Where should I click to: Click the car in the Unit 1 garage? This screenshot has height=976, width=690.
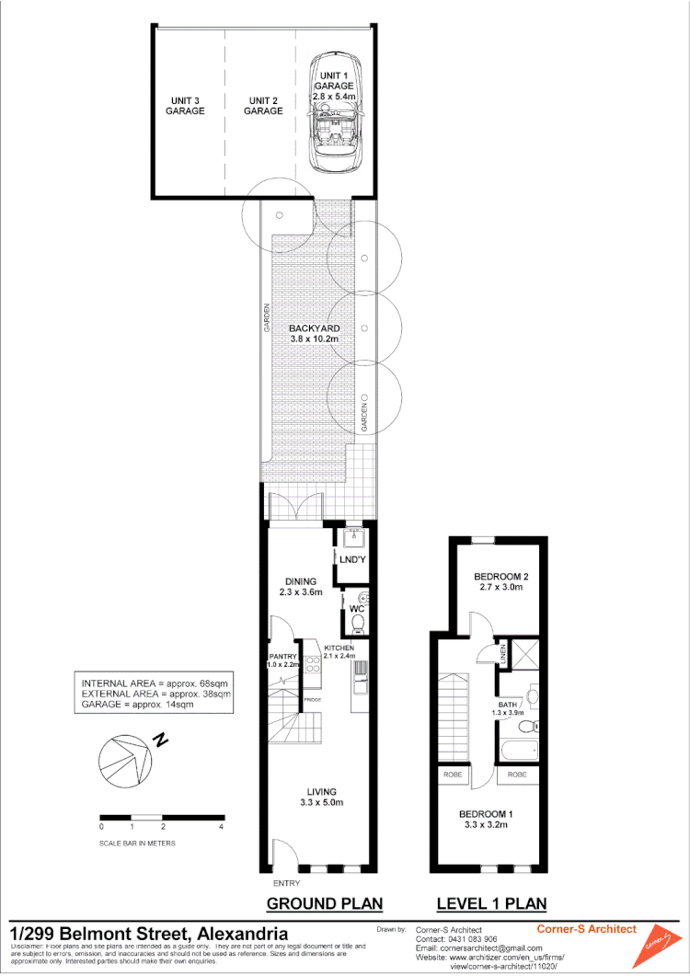336,127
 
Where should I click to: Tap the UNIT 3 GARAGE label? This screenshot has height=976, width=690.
185,105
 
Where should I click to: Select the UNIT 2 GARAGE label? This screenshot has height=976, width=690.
263,105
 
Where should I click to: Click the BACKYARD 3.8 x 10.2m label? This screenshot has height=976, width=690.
315,333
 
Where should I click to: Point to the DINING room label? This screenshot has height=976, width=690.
301,587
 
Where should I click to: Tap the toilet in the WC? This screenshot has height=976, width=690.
358,625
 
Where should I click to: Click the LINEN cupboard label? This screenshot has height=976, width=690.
503,652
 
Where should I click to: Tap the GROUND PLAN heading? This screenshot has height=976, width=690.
324,903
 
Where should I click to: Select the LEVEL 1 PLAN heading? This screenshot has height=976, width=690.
491,903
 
